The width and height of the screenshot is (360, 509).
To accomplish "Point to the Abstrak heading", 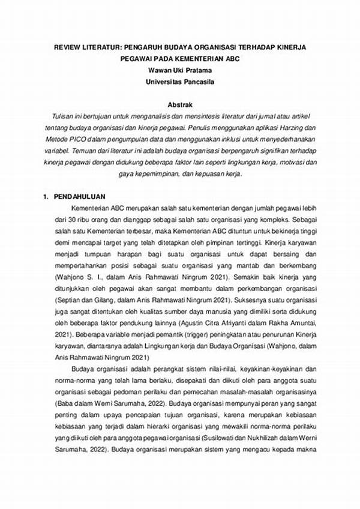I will (179, 103).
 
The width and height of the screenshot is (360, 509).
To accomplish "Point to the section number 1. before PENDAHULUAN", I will (46, 197).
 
